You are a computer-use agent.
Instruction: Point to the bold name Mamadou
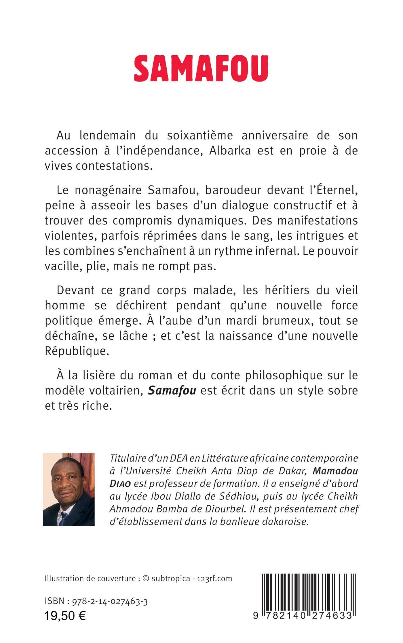tap(335, 471)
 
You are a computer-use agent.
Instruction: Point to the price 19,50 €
tap(65, 607)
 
